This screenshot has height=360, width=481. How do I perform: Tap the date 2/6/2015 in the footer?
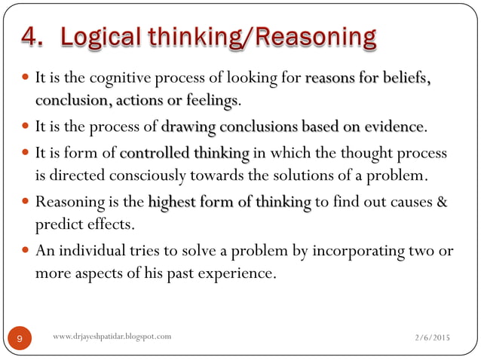[427, 339]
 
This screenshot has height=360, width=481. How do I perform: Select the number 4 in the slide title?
[32, 36]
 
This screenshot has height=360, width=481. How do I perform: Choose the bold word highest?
[173, 203]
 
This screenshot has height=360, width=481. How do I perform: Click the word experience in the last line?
[233, 273]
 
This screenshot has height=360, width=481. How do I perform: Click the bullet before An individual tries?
[26, 251]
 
